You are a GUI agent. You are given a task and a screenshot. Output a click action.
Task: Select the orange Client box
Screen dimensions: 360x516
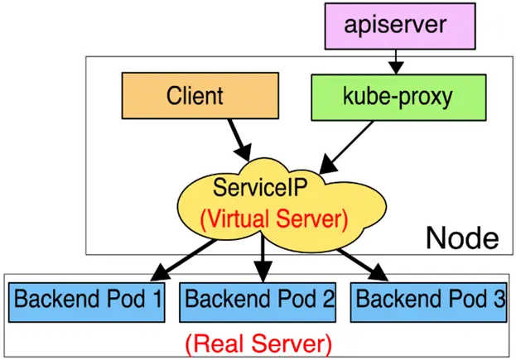click(193, 96)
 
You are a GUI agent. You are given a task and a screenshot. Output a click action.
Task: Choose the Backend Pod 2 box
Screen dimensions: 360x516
click(259, 299)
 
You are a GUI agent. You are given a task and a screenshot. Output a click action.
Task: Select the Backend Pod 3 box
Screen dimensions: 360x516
click(430, 299)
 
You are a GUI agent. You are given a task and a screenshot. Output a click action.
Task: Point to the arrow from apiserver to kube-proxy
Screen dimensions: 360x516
click(397, 60)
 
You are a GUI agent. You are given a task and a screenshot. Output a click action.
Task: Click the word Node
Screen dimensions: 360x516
click(461, 238)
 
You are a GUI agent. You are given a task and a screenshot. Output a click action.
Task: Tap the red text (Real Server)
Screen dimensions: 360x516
click(258, 341)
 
